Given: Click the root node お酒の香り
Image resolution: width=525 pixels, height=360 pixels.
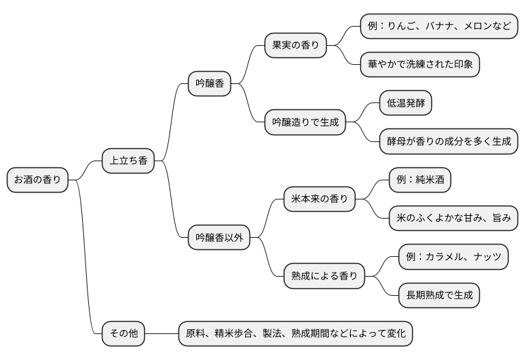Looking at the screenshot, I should pos(38,180).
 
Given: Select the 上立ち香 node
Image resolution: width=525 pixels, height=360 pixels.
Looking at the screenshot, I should pos(128,161).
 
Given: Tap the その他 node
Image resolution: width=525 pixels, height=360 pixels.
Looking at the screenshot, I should pos(124,333).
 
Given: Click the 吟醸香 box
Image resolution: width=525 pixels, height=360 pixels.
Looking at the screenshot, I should pos(209,85).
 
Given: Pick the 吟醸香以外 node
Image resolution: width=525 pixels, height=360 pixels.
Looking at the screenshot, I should pos(219,238).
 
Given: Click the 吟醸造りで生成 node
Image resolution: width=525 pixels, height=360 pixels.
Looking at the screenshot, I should pos(305,123).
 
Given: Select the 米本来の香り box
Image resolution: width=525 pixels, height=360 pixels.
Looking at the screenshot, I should pos(319,199).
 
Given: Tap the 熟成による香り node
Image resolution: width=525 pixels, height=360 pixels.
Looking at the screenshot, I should pos(324,276).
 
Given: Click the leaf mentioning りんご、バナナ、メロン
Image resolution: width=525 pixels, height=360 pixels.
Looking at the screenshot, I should pos(439,27).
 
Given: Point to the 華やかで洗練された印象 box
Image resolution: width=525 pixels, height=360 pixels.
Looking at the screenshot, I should pos(420,65).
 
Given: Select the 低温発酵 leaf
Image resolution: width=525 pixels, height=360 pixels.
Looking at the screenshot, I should pos(406,103).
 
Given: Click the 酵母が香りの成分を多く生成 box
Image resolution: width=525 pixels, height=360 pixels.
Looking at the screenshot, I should pos(448,141).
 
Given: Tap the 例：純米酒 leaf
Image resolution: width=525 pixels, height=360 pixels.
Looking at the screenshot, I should pos(420,180).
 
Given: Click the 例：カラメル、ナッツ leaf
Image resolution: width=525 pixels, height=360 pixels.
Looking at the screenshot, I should pos(453,257).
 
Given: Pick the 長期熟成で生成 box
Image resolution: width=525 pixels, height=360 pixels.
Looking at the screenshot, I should pos(439,295).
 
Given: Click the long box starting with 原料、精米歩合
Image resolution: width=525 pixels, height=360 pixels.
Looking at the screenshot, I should pos(296,333).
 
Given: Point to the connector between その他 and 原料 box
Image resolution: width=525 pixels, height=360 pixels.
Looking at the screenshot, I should pos(161,333).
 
